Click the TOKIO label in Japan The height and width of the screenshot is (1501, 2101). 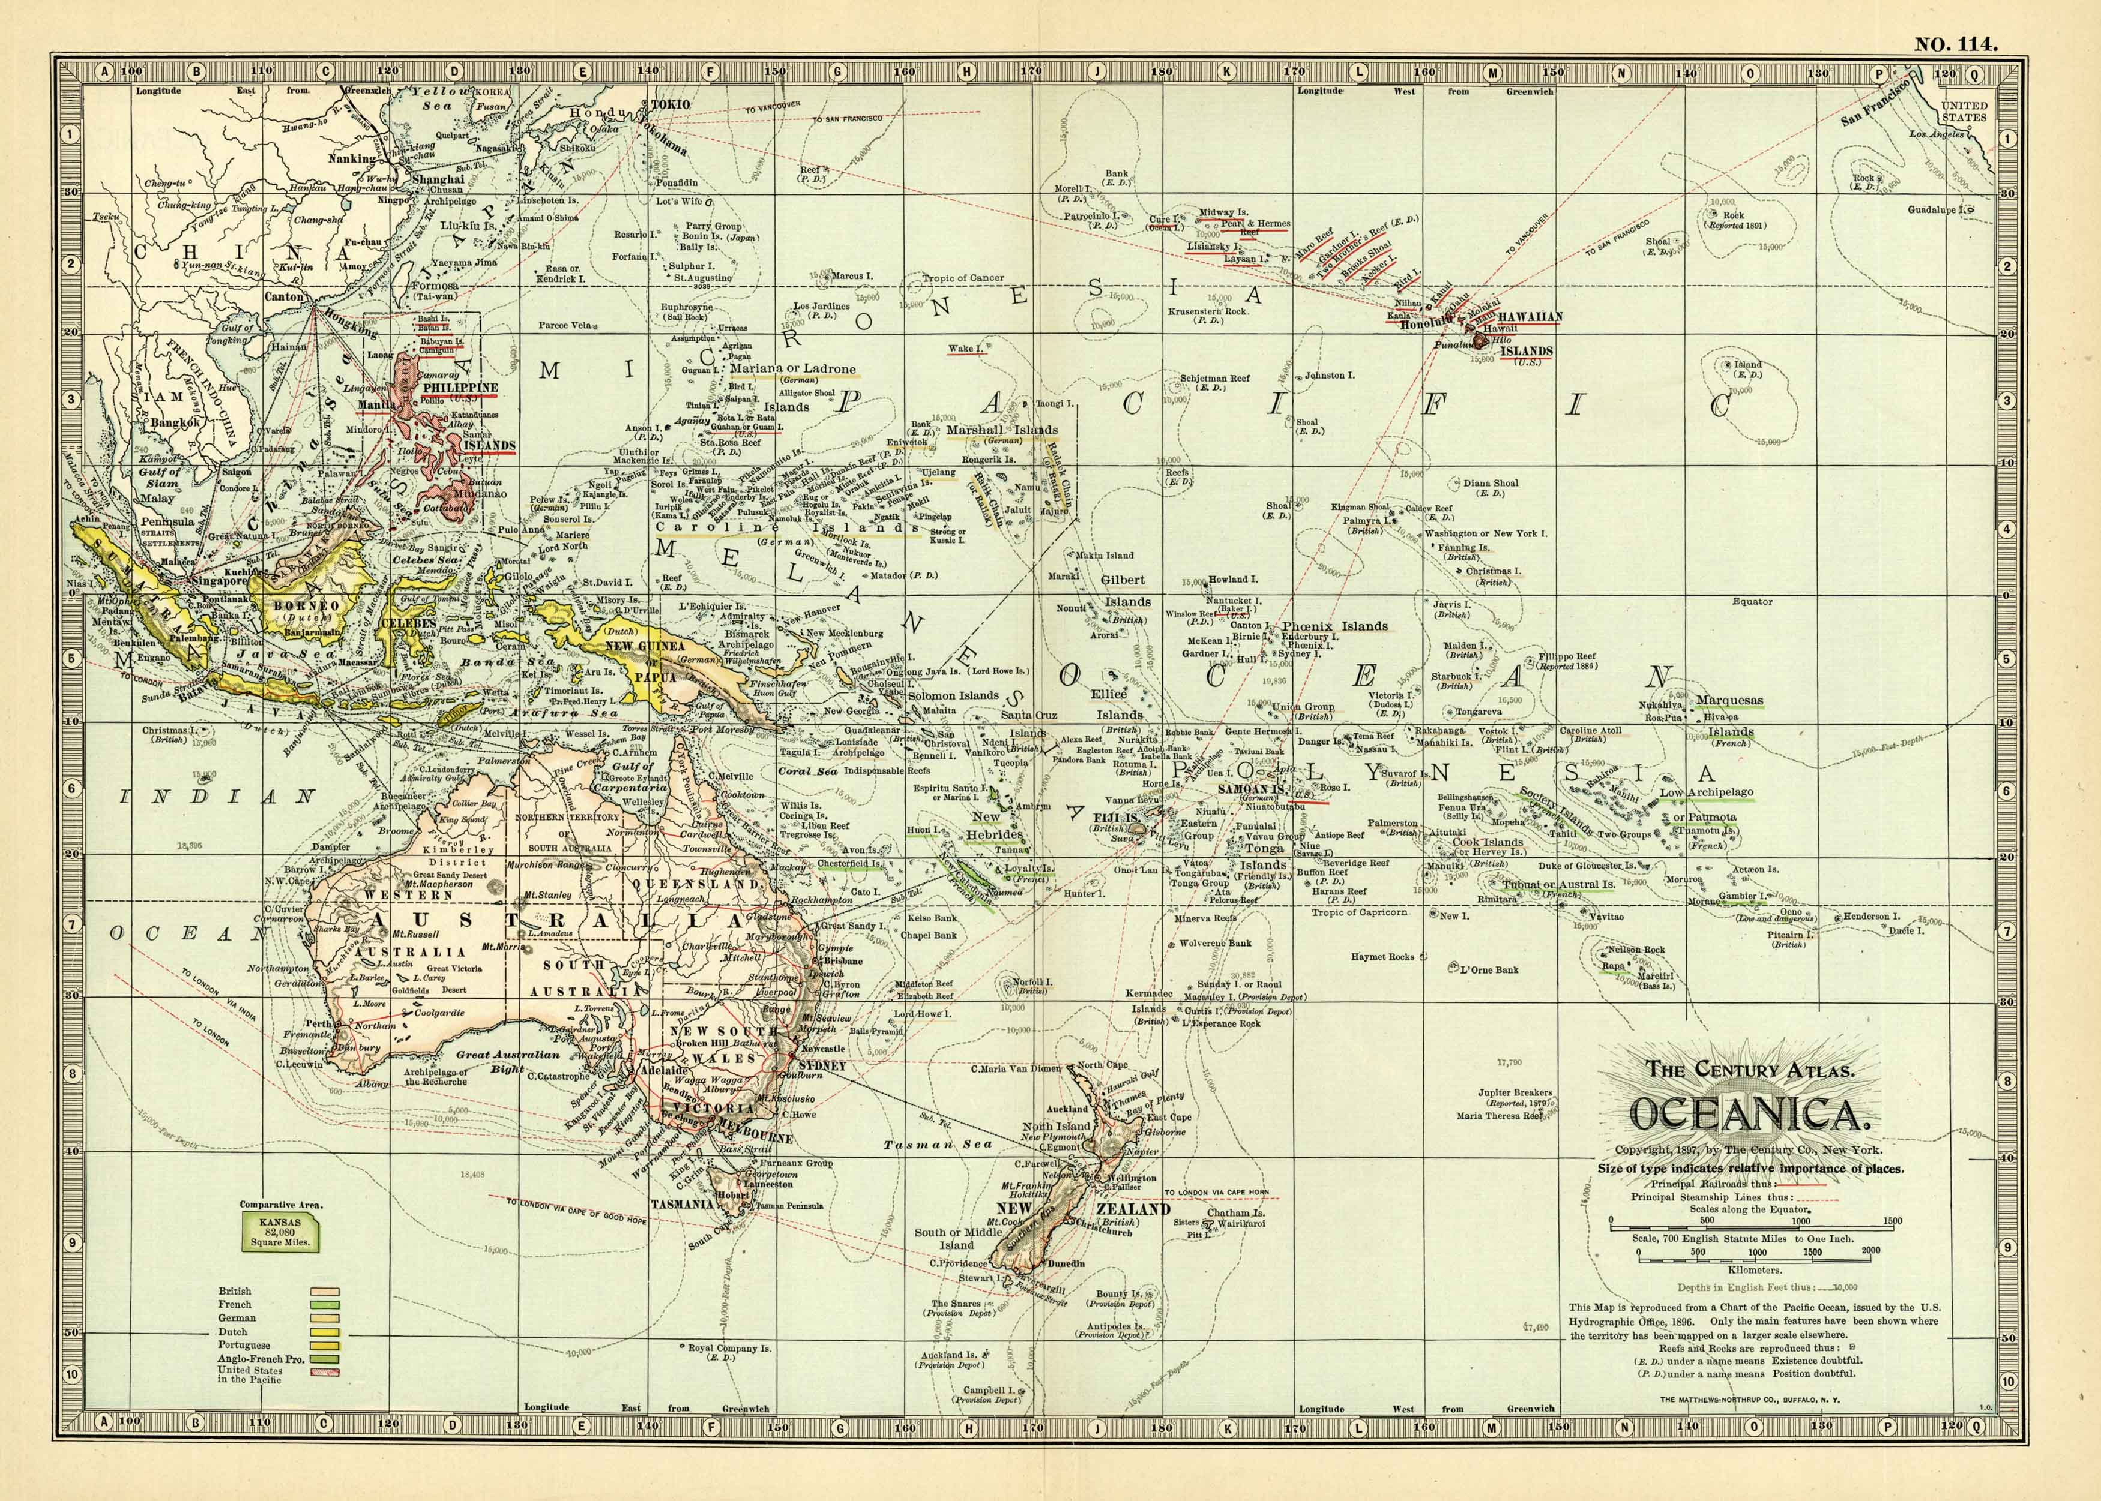671,104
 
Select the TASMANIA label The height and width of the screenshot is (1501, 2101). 681,1205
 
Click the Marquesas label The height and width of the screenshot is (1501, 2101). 1729,700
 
